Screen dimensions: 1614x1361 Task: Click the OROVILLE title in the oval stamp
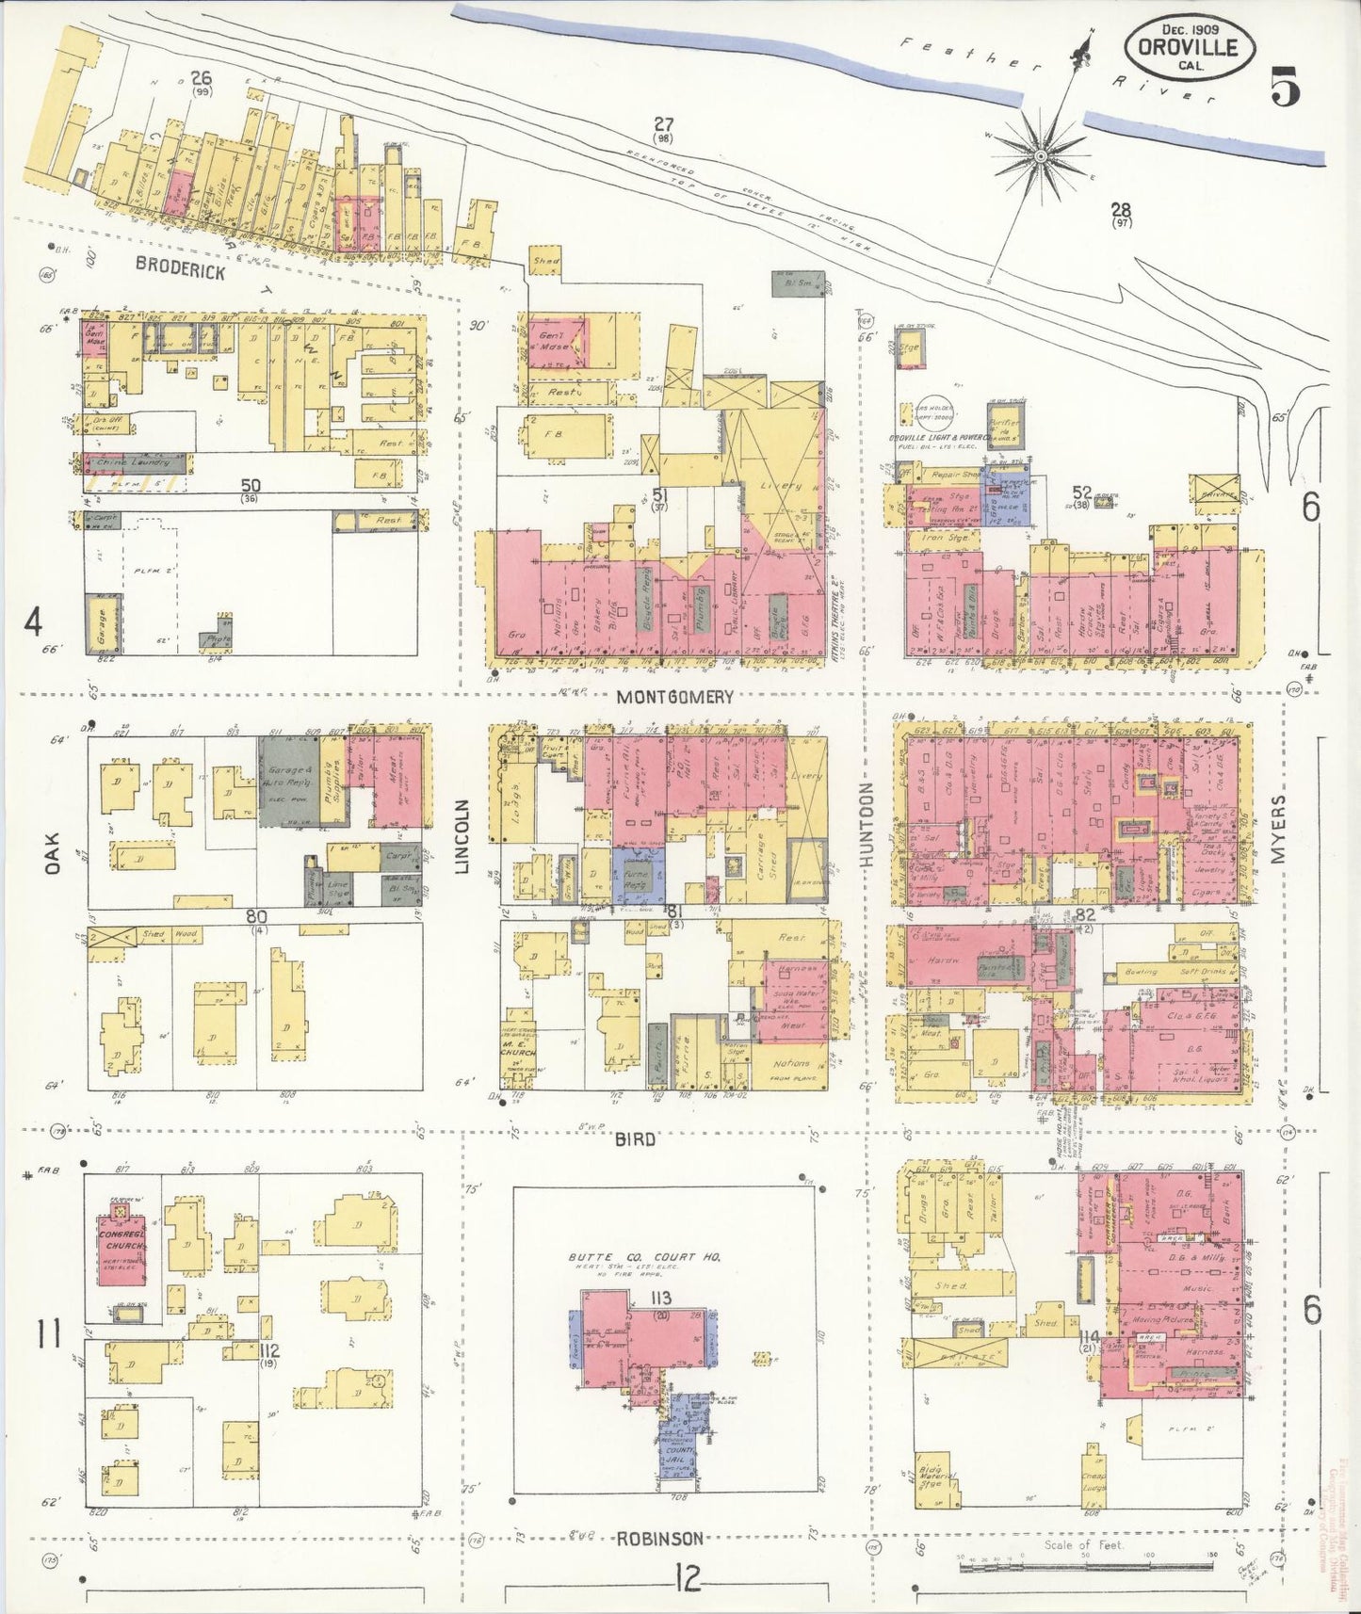[1188, 47]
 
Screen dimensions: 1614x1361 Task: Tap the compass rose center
[1041, 154]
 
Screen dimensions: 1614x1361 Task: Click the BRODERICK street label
[180, 267]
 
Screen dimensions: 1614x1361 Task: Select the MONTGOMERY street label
[674, 697]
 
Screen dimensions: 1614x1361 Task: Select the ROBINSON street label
[659, 1539]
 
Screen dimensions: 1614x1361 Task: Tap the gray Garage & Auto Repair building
[288, 781]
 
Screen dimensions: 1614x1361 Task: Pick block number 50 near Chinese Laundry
[250, 486]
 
